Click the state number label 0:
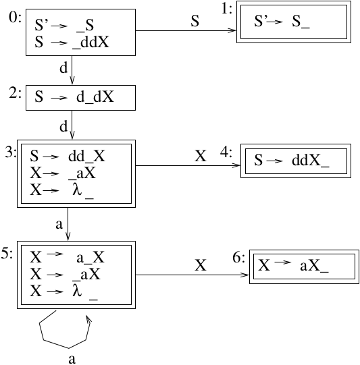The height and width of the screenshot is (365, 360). coord(15,18)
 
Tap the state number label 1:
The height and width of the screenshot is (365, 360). coord(227,9)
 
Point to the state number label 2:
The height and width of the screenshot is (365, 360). coord(16,93)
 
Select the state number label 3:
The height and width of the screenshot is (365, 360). coord(11,152)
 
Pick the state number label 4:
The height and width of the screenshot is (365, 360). coord(226,152)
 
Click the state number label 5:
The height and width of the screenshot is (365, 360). coord(7,253)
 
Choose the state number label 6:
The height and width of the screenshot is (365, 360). coord(239,258)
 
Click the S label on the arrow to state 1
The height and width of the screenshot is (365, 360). coord(195,21)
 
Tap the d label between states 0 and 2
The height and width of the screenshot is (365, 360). coord(63,67)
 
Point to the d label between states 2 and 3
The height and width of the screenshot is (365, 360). coord(63,126)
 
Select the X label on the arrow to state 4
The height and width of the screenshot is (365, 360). coord(201,156)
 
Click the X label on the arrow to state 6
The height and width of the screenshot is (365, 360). coord(201,265)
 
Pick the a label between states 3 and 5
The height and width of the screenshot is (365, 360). coord(59,225)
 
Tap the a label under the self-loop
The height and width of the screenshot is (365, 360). coord(72,359)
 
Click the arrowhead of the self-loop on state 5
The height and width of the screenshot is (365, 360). coord(88,318)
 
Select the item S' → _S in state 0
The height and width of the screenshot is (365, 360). coord(64,25)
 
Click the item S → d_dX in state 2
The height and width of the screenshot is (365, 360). coord(74,96)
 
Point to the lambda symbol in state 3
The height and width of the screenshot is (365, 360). coord(77,190)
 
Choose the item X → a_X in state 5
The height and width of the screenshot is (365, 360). coord(67,257)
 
